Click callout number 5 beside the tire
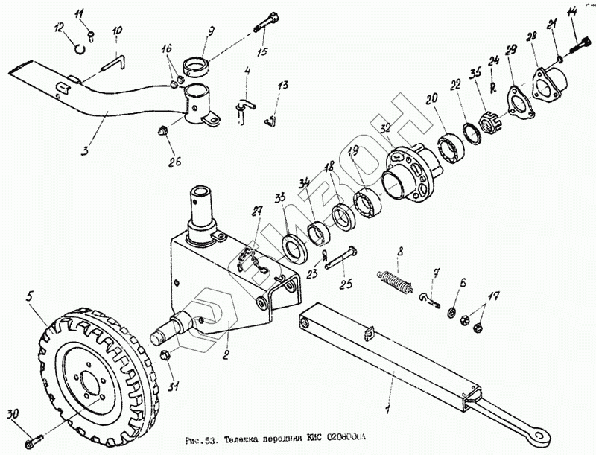[x=31, y=297]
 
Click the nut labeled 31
[x=168, y=357]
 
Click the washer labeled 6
[x=451, y=309]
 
